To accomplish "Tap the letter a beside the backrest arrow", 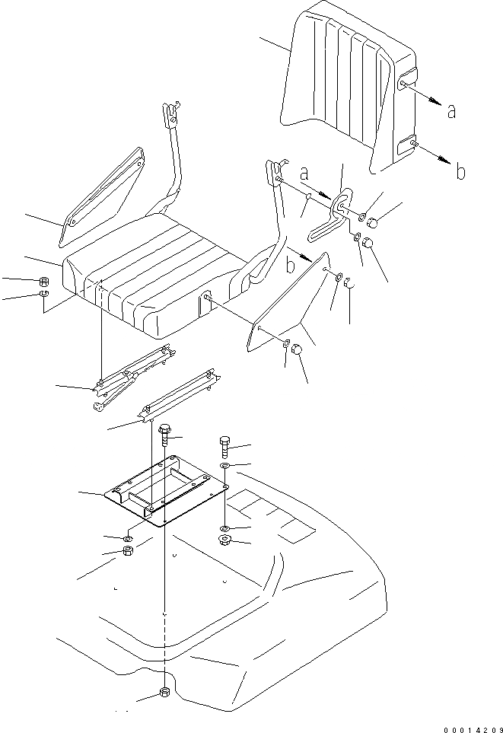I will tap(451, 111).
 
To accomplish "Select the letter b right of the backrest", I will tap(460, 172).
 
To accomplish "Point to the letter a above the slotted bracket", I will tap(304, 173).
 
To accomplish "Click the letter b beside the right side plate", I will tap(290, 266).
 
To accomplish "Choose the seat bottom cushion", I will tap(152, 274).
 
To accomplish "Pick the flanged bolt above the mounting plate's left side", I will tap(165, 437).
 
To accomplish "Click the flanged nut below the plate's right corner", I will tap(224, 541).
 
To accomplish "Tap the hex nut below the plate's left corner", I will tap(128, 551).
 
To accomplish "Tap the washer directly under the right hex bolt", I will tap(224, 464).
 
